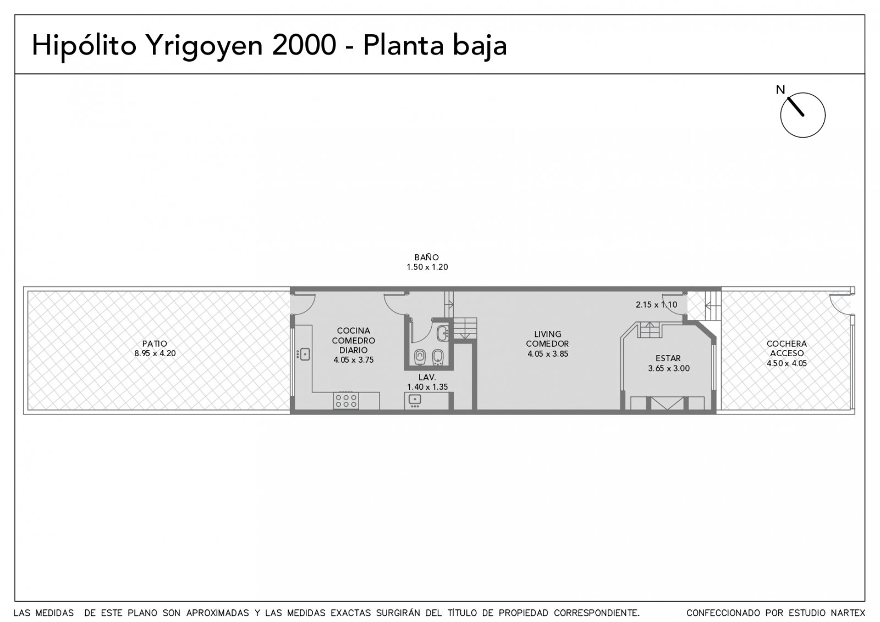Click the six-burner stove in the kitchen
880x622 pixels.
click(x=346, y=400)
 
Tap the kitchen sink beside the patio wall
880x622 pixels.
click(x=303, y=354)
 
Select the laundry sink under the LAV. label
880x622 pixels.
click(x=415, y=400)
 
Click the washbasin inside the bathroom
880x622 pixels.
click(x=442, y=333)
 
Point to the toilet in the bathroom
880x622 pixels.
click(x=420, y=357)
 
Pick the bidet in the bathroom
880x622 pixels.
click(x=438, y=357)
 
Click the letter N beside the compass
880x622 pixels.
click(x=780, y=90)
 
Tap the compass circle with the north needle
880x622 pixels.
click(x=802, y=115)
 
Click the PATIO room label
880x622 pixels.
click(x=155, y=343)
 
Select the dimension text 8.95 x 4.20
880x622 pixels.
click(x=155, y=353)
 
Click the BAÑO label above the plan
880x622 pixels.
click(x=427, y=257)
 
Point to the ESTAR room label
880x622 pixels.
click(x=668, y=358)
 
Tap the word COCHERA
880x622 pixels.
click(x=787, y=343)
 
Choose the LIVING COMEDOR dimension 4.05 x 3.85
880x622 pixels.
click(x=548, y=354)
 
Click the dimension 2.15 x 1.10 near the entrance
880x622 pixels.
click(x=657, y=304)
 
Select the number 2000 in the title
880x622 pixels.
click(x=304, y=45)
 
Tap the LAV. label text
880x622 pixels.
click(x=427, y=377)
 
